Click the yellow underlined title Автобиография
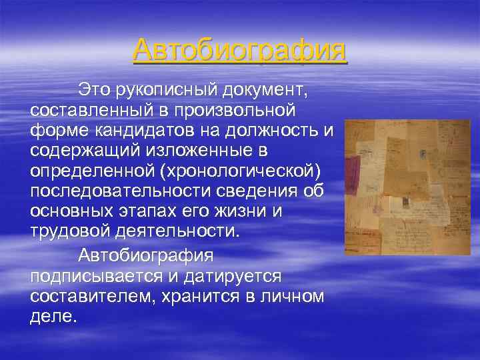pyautogui.click(x=240, y=51)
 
